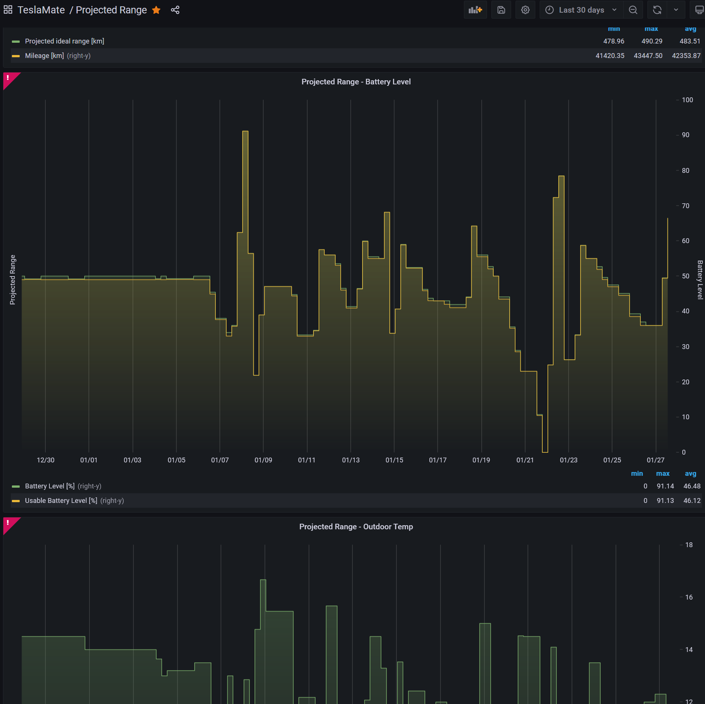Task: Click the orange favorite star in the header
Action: [x=156, y=10]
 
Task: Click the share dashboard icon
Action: [x=175, y=10]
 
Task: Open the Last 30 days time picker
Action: [x=581, y=10]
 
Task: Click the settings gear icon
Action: [x=525, y=10]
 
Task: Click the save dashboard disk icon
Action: [x=501, y=10]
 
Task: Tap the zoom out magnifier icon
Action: [x=633, y=10]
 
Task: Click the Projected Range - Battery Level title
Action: [x=356, y=82]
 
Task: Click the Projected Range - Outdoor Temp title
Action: [x=356, y=527]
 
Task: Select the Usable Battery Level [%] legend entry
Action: [x=61, y=501]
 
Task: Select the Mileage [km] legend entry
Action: [x=44, y=56]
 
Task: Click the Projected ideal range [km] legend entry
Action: [x=64, y=41]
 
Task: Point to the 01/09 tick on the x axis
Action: [x=263, y=460]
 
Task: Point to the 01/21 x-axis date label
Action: [x=525, y=460]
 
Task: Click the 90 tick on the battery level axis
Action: [x=685, y=135]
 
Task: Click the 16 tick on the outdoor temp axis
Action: [x=689, y=597]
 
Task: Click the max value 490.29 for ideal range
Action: [x=652, y=41]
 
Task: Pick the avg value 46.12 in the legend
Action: [x=692, y=501]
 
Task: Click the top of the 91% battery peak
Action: [x=245, y=131]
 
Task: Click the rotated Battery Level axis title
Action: [x=700, y=280]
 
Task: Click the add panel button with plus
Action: [x=475, y=10]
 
